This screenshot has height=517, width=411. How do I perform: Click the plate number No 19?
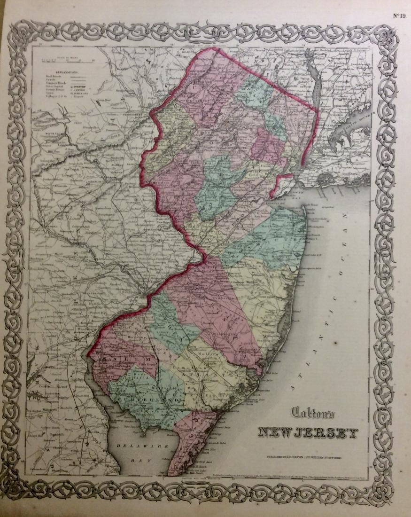(399, 15)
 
